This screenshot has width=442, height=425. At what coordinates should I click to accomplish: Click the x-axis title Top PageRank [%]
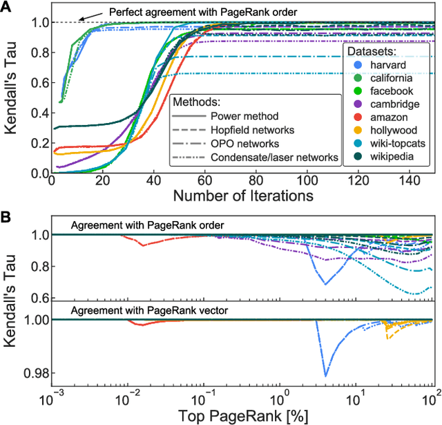243,416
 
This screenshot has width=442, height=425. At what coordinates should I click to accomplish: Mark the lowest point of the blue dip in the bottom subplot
326,376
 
